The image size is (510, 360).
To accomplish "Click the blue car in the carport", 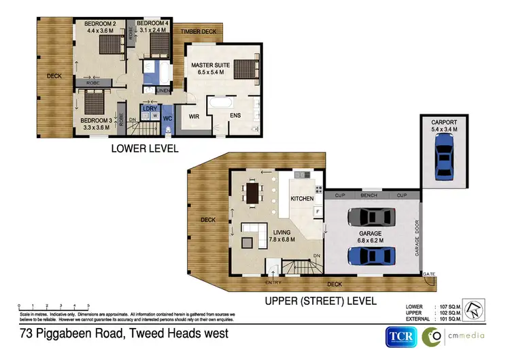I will pyautogui.click(x=443, y=155).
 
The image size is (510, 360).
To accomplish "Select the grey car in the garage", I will pyautogui.click(x=370, y=217).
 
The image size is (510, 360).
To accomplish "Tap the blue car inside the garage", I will pyautogui.click(x=370, y=256).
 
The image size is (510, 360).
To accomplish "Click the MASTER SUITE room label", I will pyautogui.click(x=211, y=66).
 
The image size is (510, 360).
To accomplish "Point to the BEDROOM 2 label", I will pyautogui.click(x=100, y=24).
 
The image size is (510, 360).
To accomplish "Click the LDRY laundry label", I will pyautogui.click(x=150, y=108).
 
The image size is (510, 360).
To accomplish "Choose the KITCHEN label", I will pyautogui.click(x=302, y=198).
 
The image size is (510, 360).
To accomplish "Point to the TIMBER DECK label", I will pyautogui.click(x=198, y=31).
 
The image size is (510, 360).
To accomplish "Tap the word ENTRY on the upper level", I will pyautogui.click(x=273, y=282).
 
